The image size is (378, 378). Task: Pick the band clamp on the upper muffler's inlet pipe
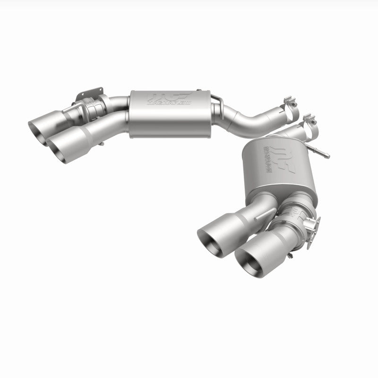[291, 104]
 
